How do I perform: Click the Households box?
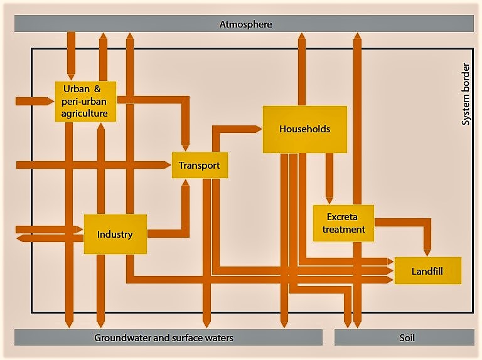(x=304, y=129)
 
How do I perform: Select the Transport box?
(x=199, y=166)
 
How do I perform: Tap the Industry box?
(x=115, y=235)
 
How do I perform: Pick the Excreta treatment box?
(x=343, y=223)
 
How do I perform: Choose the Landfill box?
(x=427, y=272)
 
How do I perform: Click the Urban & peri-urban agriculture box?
(x=85, y=101)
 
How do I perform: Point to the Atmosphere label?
(x=245, y=24)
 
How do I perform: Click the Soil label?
(x=407, y=337)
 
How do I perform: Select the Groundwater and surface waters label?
(x=164, y=337)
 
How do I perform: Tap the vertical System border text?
(x=465, y=93)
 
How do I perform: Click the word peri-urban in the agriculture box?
(x=85, y=101)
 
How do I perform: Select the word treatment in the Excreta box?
(x=343, y=230)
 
